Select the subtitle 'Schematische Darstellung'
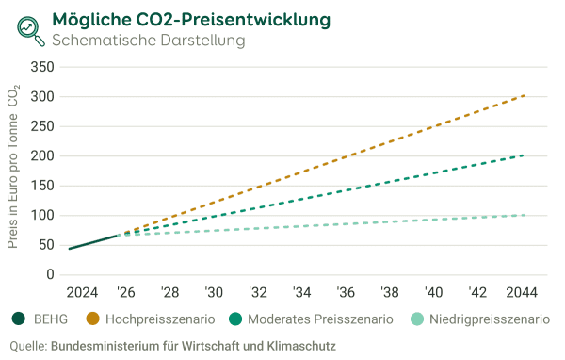(148, 41)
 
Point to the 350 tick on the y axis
(42, 67)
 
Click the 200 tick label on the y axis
(42, 156)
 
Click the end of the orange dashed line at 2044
(523, 95)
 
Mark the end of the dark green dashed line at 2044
(523, 155)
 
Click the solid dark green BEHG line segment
(92, 242)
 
